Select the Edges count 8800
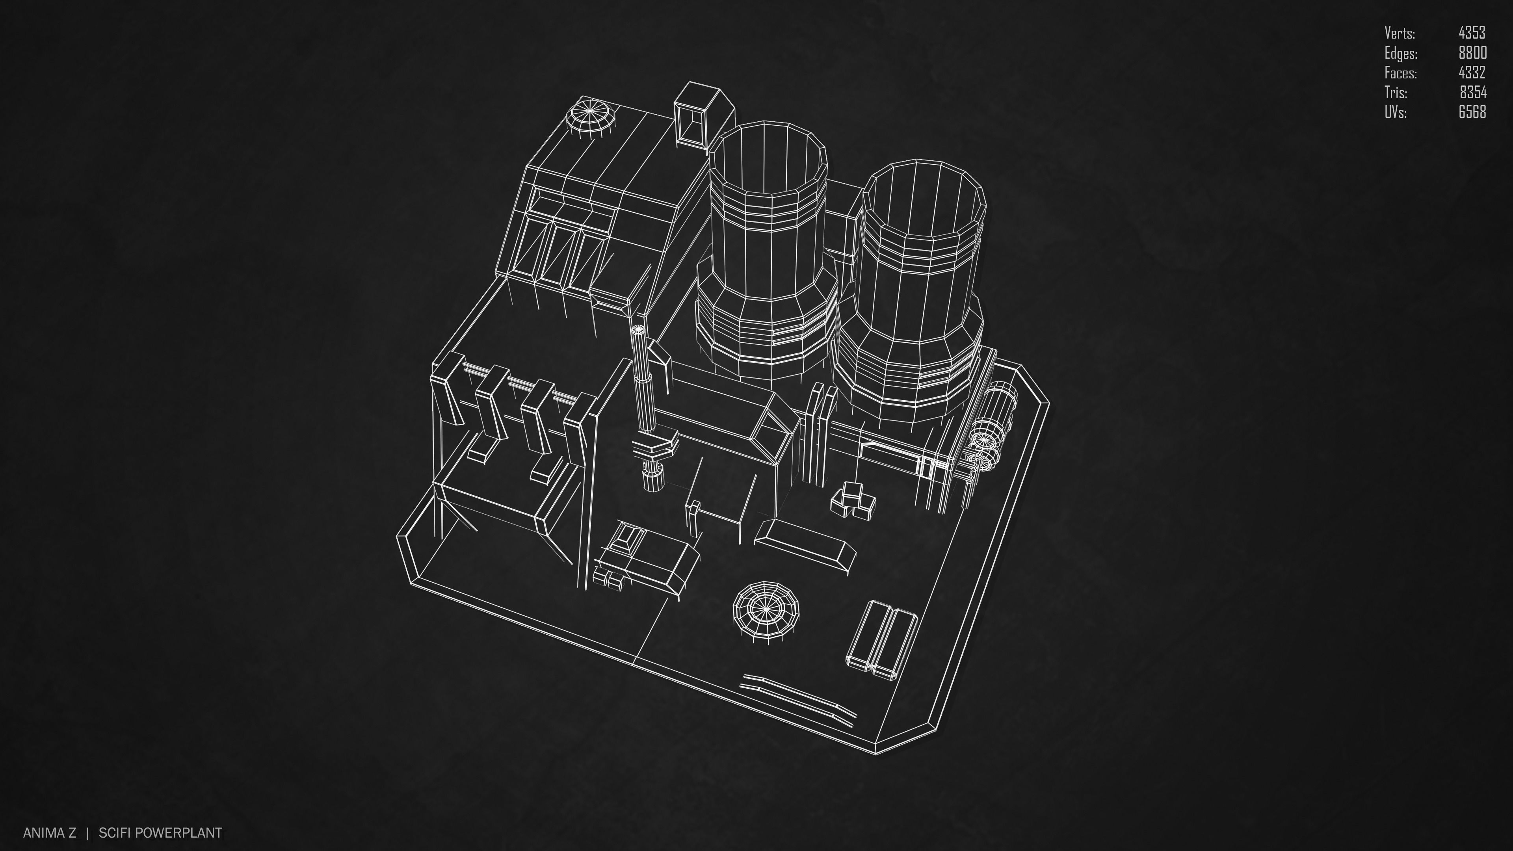1472,53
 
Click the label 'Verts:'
1399,33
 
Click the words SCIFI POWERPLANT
160,833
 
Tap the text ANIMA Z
49,833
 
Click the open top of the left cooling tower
766,158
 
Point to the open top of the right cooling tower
922,197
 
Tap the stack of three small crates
853,500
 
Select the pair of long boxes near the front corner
881,640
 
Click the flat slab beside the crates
805,540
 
